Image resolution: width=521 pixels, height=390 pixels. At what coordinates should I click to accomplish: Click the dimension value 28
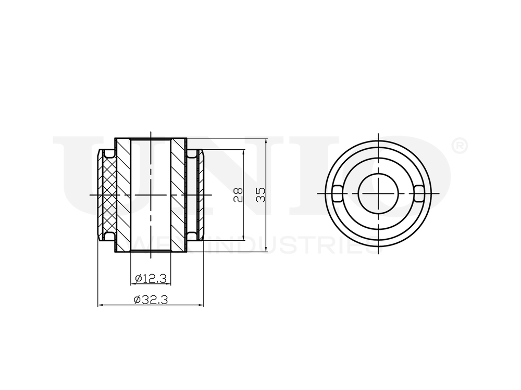click(x=238, y=194)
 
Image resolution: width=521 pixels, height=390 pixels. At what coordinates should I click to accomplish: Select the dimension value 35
click(x=261, y=194)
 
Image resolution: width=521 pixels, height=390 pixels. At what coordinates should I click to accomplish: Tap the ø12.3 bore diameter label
click(x=150, y=279)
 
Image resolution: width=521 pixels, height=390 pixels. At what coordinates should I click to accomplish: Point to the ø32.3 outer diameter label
click(x=150, y=300)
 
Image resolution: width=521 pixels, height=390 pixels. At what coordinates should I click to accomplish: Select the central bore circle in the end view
click(x=378, y=193)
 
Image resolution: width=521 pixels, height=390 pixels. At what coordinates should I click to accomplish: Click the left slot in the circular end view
click(x=337, y=193)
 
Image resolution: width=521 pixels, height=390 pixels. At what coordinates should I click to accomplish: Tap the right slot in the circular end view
click(x=420, y=193)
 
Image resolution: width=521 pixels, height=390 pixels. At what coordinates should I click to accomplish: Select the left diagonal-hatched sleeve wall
click(x=122, y=194)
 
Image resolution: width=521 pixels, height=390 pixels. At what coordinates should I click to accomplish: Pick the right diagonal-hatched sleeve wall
click(x=179, y=194)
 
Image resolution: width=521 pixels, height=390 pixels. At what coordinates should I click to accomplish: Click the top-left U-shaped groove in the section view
click(x=108, y=154)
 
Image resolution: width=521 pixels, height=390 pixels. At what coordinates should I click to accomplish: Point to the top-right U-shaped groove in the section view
click(x=193, y=154)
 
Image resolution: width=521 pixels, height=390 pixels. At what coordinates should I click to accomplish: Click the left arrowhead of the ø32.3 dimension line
click(x=101, y=305)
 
